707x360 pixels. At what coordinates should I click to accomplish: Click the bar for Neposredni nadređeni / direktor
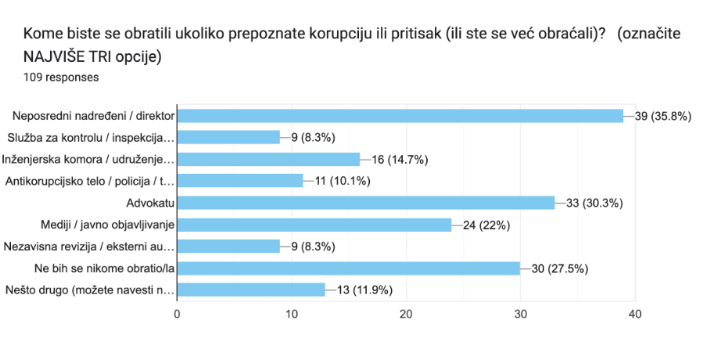pyautogui.click(x=400, y=116)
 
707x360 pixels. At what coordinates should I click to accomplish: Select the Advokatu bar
pyautogui.click(x=365, y=203)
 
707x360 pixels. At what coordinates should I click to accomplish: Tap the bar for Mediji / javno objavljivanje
pyautogui.click(x=314, y=225)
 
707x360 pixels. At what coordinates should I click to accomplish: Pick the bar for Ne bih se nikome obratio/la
pyautogui.click(x=348, y=268)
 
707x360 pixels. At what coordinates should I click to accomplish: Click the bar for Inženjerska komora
pyautogui.click(x=268, y=160)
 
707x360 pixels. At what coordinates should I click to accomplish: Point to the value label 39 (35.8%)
pyautogui.click(x=664, y=116)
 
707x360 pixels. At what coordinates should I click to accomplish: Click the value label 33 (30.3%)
pyautogui.click(x=595, y=203)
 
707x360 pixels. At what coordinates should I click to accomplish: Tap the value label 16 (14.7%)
pyautogui.click(x=400, y=160)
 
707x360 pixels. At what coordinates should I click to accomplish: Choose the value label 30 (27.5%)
pyautogui.click(x=561, y=268)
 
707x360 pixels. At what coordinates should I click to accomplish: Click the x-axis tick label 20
pyautogui.click(x=406, y=314)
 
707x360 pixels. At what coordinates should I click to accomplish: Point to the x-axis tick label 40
pyautogui.click(x=634, y=314)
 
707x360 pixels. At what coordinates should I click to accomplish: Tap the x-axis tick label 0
pyautogui.click(x=177, y=314)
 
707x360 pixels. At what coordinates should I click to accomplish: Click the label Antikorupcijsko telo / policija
pyautogui.click(x=89, y=182)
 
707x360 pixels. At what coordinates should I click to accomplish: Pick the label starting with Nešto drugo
pyautogui.click(x=89, y=290)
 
